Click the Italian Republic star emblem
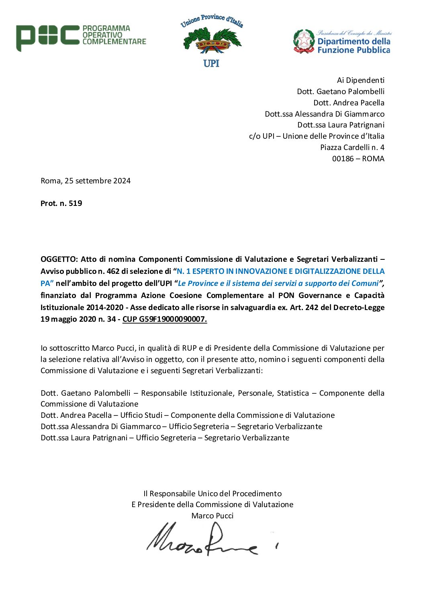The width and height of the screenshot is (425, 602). pyautogui.click(x=304, y=41)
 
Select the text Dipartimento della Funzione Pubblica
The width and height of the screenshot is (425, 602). pyautogui.click(x=353, y=45)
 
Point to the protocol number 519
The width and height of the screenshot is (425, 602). pyautogui.click(x=75, y=203)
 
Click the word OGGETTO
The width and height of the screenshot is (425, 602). pyautogui.click(x=58, y=259)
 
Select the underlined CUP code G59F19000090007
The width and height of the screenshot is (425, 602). pyautogui.click(x=165, y=319)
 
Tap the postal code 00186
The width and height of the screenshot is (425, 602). pyautogui.click(x=343, y=158)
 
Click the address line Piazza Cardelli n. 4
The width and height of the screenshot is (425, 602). pyautogui.click(x=352, y=147)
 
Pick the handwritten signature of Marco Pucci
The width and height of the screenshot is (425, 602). pyautogui.click(x=205, y=540)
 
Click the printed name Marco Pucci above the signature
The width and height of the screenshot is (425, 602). pyautogui.click(x=212, y=516)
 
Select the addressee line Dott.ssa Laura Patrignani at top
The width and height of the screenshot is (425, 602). pyautogui.click(x=341, y=125)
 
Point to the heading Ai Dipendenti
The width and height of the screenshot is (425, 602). pyautogui.click(x=360, y=80)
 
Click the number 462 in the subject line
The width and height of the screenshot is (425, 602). pyautogui.click(x=113, y=271)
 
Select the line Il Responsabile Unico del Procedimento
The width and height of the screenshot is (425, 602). pyautogui.click(x=212, y=493)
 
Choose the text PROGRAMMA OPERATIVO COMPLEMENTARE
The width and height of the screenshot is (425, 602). pyautogui.click(x=114, y=35)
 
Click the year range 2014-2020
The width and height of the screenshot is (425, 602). pyautogui.click(x=104, y=307)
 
